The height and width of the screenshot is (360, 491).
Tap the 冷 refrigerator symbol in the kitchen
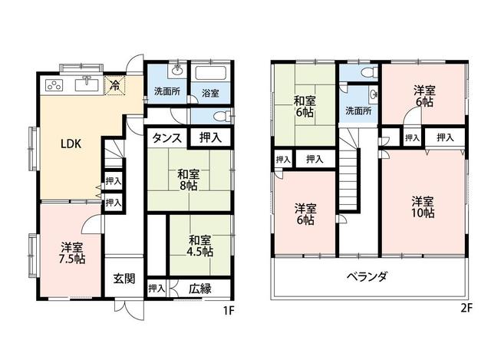(114, 84)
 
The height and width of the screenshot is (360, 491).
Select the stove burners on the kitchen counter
(56, 85)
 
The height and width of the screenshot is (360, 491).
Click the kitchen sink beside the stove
(86, 85)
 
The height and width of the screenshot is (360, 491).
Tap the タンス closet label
(166, 138)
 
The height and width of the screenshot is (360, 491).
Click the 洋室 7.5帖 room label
(72, 252)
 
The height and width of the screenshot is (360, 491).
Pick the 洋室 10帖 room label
(423, 206)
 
